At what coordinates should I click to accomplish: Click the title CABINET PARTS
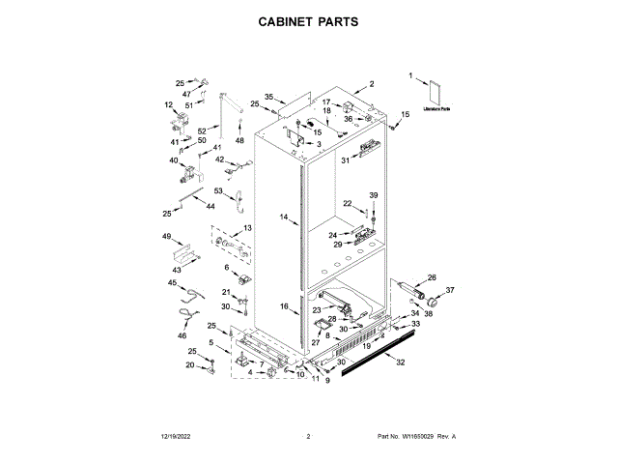pyautogui.click(x=308, y=20)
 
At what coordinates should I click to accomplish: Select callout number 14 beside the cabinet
pyautogui.click(x=284, y=218)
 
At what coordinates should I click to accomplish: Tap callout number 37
pyautogui.click(x=449, y=289)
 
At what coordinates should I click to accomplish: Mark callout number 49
pyautogui.click(x=166, y=237)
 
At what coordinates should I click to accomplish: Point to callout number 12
pyautogui.click(x=168, y=105)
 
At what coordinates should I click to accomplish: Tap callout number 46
pyautogui.click(x=181, y=334)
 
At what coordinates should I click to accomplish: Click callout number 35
pyautogui.click(x=269, y=97)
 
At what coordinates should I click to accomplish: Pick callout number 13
pyautogui.click(x=247, y=228)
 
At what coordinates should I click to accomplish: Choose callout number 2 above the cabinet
pyautogui.click(x=371, y=84)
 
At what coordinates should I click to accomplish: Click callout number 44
pyautogui.click(x=210, y=206)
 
